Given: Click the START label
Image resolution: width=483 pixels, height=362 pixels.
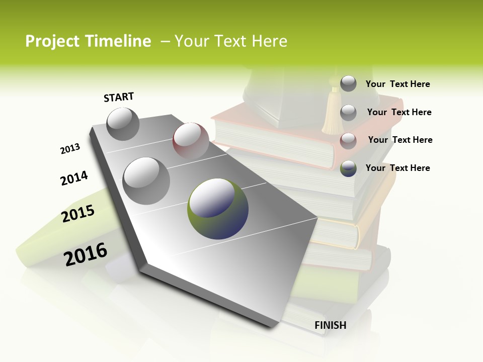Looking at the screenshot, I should pos(119,97).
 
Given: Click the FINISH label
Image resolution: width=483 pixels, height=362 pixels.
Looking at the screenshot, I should pos(330,325).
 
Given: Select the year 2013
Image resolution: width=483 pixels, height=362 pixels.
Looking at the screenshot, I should pos(70,149).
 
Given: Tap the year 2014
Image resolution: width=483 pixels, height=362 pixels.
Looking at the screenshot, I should pos(74,178).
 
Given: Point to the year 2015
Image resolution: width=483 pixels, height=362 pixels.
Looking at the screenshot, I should pos(78,214).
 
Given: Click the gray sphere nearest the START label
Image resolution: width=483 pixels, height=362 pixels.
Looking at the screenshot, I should pos(123,124).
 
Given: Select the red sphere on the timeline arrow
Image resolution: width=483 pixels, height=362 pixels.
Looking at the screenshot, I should pos(191,141).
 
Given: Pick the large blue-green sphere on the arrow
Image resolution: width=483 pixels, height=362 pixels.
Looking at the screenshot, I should pos(218,209).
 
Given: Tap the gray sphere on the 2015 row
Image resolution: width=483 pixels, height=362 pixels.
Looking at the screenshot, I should pos(146,180).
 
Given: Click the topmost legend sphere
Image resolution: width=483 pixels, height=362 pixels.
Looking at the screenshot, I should pos(348,83).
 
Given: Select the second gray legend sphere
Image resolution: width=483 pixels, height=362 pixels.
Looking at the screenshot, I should pos(348,113).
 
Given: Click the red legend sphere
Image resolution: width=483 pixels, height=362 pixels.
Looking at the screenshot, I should pos(348,141).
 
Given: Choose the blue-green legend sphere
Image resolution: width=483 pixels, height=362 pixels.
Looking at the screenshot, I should pos(348,168).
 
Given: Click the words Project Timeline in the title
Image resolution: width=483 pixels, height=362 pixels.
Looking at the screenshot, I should pos(88,41).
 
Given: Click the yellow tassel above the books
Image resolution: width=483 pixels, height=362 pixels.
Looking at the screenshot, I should pos(332,113).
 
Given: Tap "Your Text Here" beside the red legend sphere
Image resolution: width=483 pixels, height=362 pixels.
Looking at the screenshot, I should pos(400,140).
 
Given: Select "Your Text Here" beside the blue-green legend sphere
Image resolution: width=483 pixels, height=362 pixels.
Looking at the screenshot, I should pos(397,168).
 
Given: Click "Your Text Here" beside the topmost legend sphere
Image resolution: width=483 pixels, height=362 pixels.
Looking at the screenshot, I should pos(397,84).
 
